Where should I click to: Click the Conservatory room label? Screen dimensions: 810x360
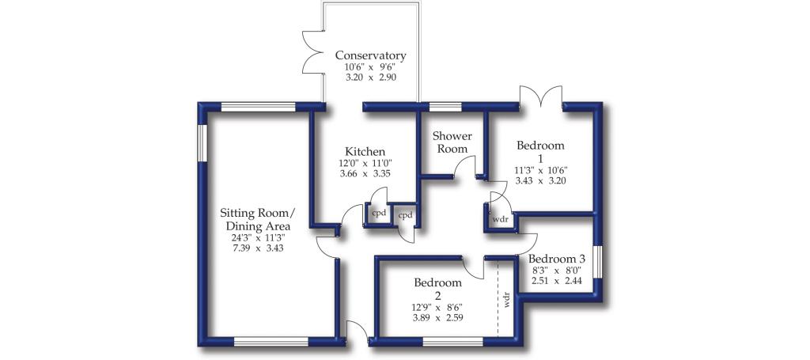[370, 55]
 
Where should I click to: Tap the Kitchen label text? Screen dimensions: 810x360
[365, 151]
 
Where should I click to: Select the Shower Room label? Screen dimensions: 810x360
[452, 142]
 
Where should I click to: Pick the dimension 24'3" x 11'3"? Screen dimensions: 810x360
[258, 238]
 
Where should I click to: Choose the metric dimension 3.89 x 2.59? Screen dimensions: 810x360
[437, 317]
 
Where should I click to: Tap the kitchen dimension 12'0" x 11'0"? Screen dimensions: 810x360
[365, 165]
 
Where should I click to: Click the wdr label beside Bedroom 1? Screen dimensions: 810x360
[501, 219]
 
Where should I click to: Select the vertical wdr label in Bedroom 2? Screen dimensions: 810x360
[507, 300]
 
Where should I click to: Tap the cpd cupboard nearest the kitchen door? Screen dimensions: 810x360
[380, 214]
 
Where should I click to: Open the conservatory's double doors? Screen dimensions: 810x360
[312, 56]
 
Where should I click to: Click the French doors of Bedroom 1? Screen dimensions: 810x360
[541, 97]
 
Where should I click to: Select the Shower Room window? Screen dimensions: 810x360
[445, 107]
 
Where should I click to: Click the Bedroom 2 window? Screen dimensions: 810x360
[452, 341]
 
